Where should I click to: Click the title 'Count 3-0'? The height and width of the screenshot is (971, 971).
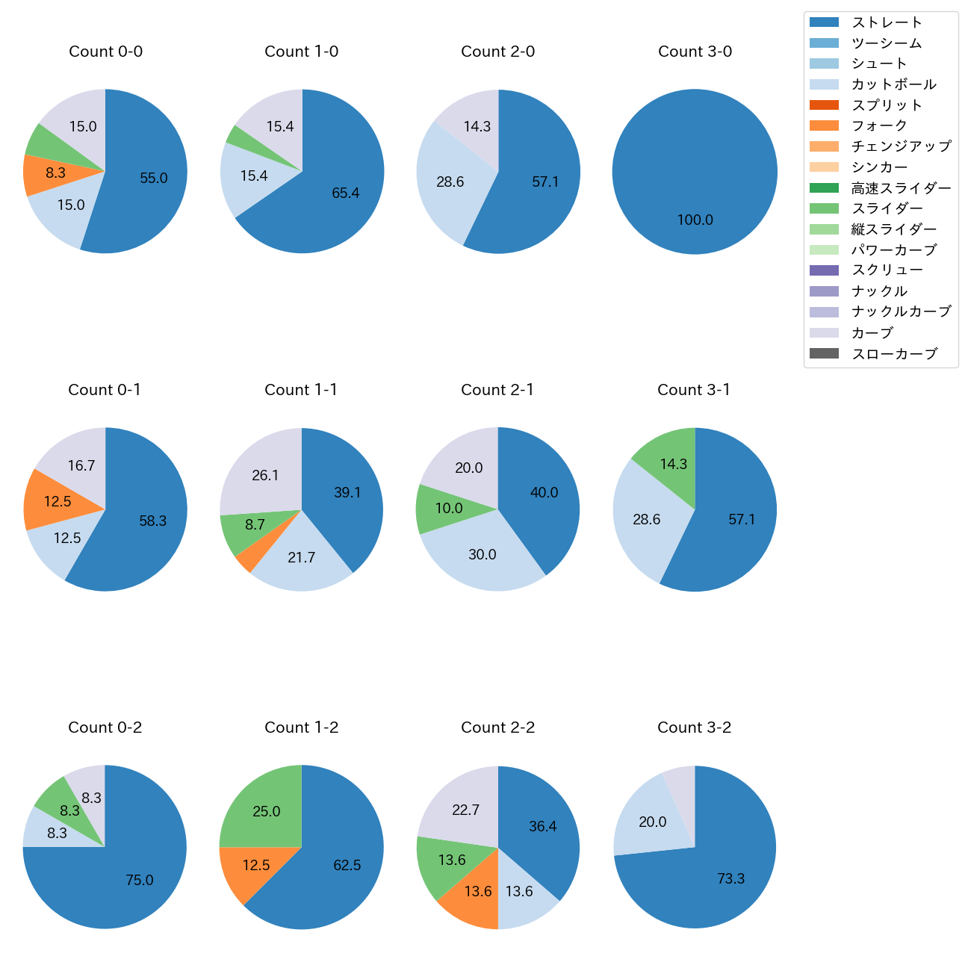(695, 52)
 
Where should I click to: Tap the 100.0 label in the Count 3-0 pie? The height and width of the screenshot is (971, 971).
(695, 220)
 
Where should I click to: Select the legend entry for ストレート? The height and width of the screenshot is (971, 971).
(887, 22)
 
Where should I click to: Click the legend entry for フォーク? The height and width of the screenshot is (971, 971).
(879, 125)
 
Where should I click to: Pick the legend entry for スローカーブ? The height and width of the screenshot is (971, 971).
(894, 354)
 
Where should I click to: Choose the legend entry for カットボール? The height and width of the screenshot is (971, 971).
(893, 84)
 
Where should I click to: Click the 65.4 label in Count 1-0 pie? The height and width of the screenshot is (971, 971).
(346, 193)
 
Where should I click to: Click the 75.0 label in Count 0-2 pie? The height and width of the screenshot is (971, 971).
(140, 881)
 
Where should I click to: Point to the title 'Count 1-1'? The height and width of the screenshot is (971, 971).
(301, 390)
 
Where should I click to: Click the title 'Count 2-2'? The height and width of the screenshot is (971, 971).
(497, 728)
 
